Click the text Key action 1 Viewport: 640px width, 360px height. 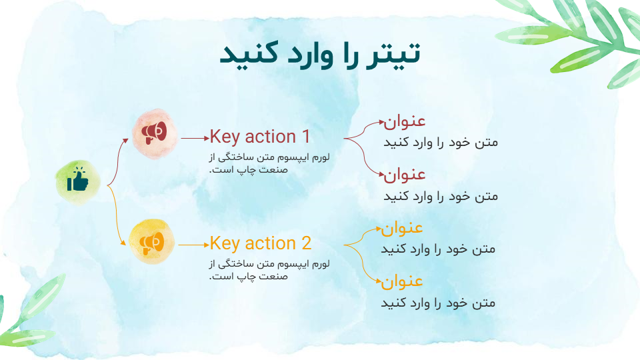pyautogui.click(x=260, y=137)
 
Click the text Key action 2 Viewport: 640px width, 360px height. pyautogui.click(x=261, y=244)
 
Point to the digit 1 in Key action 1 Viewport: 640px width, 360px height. pyautogui.click(x=306, y=137)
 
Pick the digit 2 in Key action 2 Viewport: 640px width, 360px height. pyautogui.click(x=307, y=244)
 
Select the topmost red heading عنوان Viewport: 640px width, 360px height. pyautogui.click(x=405, y=121)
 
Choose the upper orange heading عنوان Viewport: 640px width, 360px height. pyautogui.click(x=402, y=228)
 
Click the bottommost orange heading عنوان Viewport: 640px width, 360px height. pyautogui.click(x=402, y=282)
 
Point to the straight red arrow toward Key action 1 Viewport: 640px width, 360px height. pyautogui.click(x=195, y=139)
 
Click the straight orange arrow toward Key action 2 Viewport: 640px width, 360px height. pyautogui.click(x=194, y=245)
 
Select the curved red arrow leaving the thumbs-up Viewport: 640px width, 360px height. pyautogui.click(x=117, y=163)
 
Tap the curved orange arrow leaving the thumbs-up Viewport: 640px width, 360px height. pyautogui.click(x=115, y=215)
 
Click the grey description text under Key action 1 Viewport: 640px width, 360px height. pyautogui.click(x=269, y=163)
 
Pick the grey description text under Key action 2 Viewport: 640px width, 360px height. pyautogui.click(x=269, y=270)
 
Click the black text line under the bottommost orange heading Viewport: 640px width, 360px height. pyautogui.click(x=438, y=303)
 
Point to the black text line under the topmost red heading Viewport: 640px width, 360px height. pyautogui.click(x=441, y=143)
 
